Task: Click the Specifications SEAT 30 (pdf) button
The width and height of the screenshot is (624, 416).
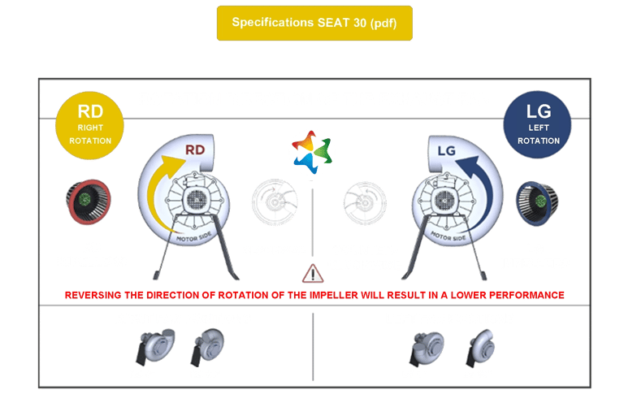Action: pos(314,23)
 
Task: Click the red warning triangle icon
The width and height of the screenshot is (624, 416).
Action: pos(311,272)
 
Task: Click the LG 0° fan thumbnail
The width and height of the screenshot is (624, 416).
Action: pos(422,347)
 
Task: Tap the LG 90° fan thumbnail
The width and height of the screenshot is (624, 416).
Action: pos(478,347)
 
